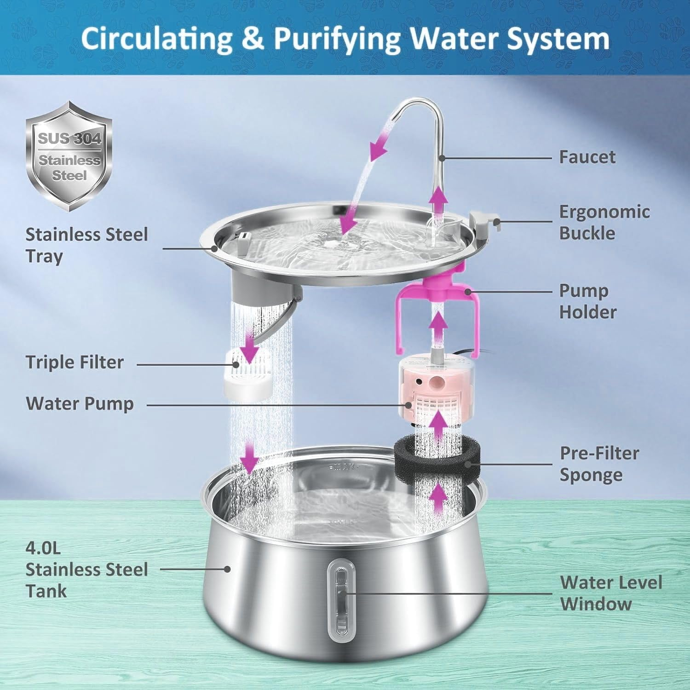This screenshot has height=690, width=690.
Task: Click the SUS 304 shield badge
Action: pyautogui.click(x=69, y=156)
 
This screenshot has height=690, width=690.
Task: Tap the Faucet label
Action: pyautogui.click(x=587, y=157)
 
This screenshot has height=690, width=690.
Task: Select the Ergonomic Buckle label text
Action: pyautogui.click(x=604, y=222)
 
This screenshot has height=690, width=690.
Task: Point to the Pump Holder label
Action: pyautogui.click(x=587, y=301)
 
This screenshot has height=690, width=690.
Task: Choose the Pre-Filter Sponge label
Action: pyautogui.click(x=599, y=464)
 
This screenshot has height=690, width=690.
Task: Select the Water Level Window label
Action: pyautogui.click(x=611, y=593)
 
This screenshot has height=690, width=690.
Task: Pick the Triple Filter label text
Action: pyautogui.click(x=75, y=362)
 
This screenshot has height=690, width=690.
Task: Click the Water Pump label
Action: pyautogui.click(x=80, y=403)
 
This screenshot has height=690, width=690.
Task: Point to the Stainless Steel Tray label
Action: pyautogui.click(x=86, y=245)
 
